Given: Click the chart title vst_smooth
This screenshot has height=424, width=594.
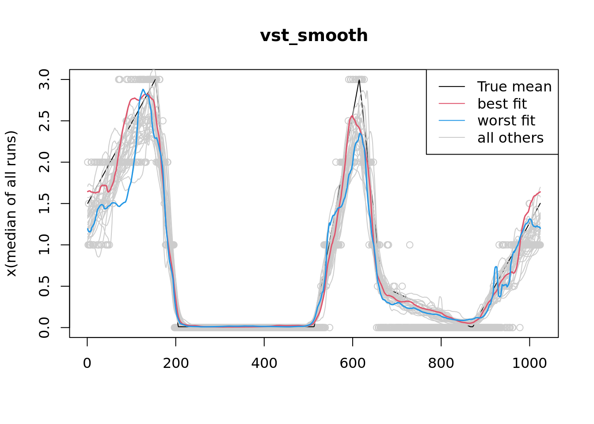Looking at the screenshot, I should tap(314, 36).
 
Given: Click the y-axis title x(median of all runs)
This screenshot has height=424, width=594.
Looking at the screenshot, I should tap(11, 204).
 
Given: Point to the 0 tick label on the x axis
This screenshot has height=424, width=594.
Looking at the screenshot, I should tap(88, 363).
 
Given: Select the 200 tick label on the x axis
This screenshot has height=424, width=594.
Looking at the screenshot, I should tap(176, 363).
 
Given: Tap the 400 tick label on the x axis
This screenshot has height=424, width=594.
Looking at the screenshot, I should tap(264, 363).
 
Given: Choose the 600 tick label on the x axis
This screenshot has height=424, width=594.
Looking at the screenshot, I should tap(353, 363).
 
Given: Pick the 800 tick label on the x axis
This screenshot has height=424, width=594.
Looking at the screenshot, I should tap(441, 363).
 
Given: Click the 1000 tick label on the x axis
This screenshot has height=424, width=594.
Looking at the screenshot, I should tap(529, 363).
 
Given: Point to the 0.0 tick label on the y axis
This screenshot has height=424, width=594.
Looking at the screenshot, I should tap(44, 327).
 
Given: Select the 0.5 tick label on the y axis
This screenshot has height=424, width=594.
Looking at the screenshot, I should tap(44, 286).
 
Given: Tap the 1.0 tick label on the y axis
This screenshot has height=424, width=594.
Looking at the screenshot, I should tap(44, 245).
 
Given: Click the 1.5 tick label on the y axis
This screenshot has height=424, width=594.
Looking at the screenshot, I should tap(44, 204).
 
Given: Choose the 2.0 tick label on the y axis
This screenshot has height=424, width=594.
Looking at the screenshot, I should tap(44, 162).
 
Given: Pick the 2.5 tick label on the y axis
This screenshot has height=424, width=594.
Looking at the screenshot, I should tap(44, 121).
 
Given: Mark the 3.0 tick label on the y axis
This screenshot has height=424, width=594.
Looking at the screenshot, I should tap(44, 79).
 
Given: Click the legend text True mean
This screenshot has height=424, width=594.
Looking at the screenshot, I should tap(514, 87).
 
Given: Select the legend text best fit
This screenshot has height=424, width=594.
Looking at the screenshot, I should tap(502, 104).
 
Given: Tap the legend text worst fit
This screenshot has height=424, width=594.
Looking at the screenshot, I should tap(506, 121).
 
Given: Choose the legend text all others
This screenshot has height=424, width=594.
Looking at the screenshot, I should tap(510, 138).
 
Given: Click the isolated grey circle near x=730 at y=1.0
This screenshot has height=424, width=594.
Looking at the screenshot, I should tap(410, 245).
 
